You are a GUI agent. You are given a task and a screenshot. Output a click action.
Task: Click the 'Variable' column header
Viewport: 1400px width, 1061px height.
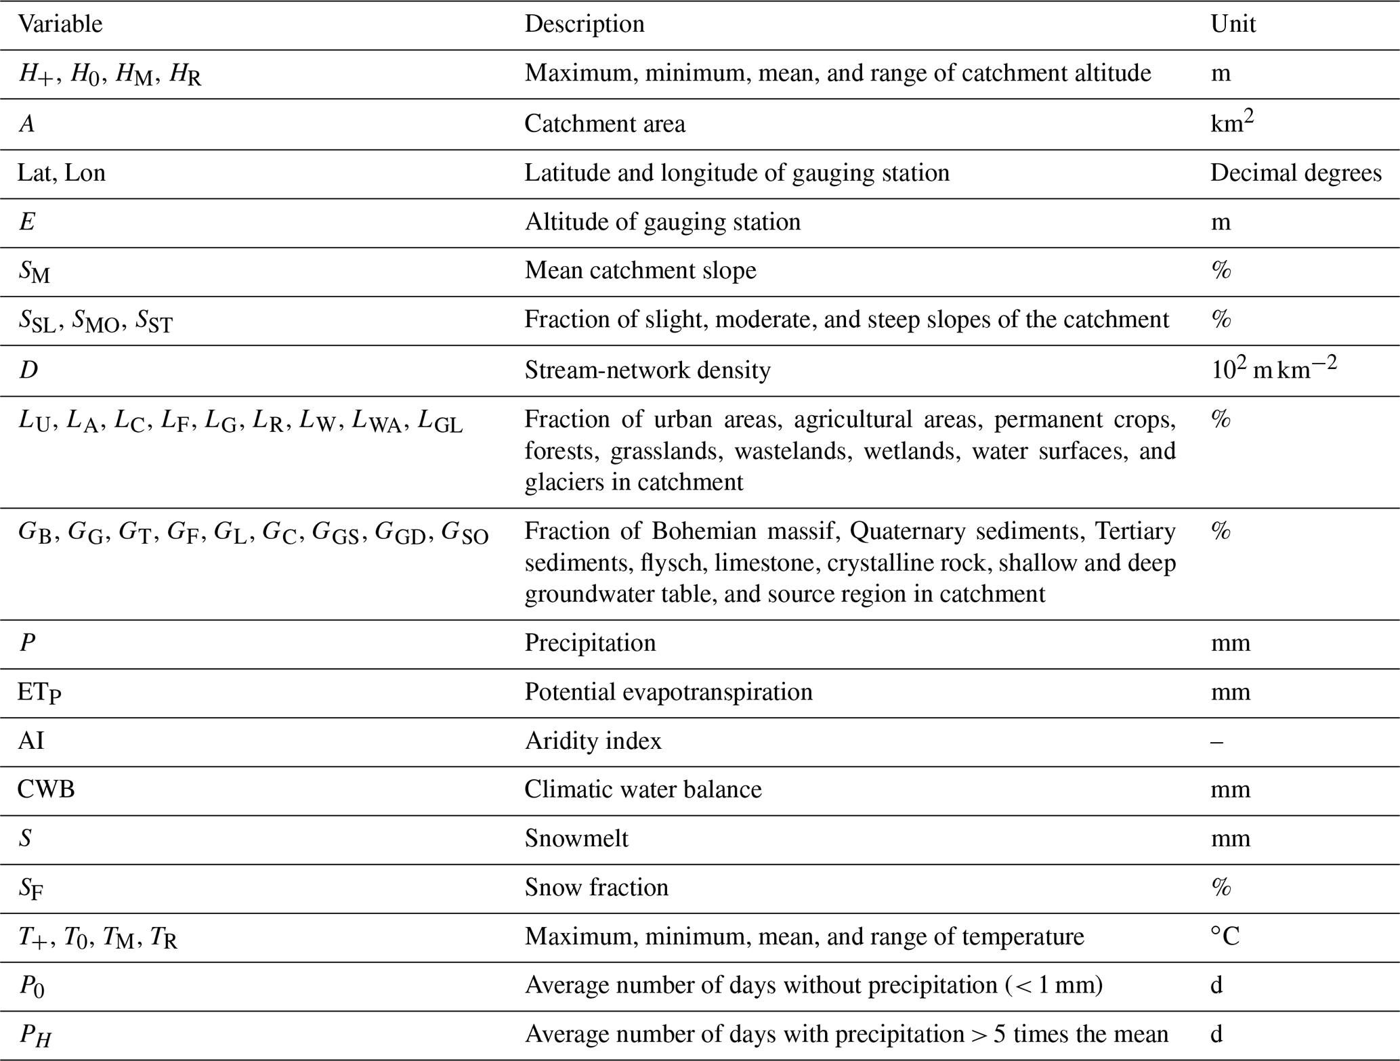click(60, 24)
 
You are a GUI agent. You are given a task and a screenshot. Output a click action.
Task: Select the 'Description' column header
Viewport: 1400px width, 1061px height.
click(584, 24)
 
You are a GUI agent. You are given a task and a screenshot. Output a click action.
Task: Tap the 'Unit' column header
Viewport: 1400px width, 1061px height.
click(1233, 24)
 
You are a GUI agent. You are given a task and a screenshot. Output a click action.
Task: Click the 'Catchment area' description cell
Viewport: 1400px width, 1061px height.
click(604, 124)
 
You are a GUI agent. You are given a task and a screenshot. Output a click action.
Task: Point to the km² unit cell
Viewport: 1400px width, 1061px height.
click(1231, 123)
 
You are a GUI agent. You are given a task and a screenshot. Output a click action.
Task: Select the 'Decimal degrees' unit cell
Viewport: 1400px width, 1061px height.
click(1295, 173)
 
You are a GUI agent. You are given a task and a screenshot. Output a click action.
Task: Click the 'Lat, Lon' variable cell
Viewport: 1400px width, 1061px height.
click(62, 173)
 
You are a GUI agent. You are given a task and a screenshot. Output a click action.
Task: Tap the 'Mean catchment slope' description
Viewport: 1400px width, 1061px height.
click(640, 271)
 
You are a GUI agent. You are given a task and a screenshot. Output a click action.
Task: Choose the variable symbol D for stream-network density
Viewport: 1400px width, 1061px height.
click(28, 370)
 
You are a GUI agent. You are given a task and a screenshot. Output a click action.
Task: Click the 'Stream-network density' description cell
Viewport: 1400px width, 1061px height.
click(647, 370)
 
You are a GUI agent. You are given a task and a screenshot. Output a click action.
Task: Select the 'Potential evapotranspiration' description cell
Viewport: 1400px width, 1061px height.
click(668, 692)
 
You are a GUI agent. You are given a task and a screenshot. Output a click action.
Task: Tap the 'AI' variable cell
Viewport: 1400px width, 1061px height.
click(30, 741)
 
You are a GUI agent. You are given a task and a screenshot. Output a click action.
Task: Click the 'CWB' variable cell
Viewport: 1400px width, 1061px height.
click(46, 789)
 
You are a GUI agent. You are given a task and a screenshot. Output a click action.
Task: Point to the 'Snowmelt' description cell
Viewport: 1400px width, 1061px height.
click(576, 839)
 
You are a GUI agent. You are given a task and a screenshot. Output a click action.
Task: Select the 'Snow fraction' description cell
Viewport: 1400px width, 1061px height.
click(596, 888)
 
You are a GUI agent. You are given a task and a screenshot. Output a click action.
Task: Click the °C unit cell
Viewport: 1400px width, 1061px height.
click(1225, 937)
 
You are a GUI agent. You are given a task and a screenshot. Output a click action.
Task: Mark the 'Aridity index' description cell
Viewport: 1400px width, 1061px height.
click(593, 741)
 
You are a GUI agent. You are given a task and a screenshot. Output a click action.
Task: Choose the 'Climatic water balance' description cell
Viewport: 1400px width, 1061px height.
click(643, 789)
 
